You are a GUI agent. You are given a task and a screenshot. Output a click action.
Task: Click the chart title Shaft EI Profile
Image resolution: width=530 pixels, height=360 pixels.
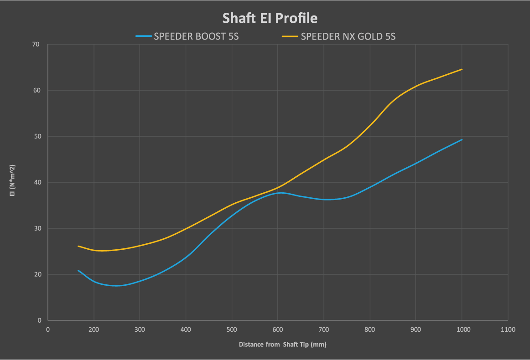tap(270, 18)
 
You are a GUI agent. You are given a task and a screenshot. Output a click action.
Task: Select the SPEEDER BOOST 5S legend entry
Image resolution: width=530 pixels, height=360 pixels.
tap(196, 36)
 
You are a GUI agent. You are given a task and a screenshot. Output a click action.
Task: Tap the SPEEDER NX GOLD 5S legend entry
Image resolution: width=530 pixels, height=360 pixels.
tap(348, 36)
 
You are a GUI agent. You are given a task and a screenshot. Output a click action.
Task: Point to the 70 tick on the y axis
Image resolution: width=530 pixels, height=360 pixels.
tap(36, 44)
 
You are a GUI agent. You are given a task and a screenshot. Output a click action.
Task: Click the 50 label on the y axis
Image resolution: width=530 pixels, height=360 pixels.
tap(36, 136)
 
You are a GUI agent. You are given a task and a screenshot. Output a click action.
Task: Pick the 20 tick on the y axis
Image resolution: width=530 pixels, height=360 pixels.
tap(36, 274)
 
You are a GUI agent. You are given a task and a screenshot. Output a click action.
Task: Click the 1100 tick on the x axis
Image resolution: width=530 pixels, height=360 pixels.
tap(508, 329)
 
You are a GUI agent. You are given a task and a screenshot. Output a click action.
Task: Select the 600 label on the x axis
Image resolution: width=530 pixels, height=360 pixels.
tap(278, 329)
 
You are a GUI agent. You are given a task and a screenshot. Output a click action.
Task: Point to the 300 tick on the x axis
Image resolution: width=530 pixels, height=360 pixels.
tap(140, 329)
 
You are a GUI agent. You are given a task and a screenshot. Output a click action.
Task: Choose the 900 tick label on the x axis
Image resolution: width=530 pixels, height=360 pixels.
tap(416, 329)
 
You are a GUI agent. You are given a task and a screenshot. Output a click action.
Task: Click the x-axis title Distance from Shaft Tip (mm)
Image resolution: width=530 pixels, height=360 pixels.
tap(282, 345)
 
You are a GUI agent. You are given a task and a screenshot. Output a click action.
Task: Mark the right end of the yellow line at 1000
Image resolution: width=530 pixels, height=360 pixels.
tap(462, 69)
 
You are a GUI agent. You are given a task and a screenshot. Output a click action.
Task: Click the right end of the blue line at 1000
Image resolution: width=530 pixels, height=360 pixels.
tap(462, 139)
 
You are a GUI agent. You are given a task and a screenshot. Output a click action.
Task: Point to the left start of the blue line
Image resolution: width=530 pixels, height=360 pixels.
tap(78, 270)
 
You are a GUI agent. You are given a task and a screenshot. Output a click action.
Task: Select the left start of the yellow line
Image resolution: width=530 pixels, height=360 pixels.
tap(78, 246)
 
